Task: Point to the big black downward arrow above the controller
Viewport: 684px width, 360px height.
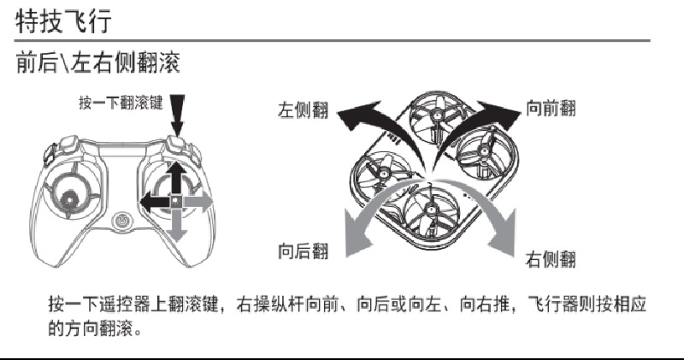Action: (x=178, y=115)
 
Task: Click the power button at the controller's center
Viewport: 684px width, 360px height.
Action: (x=123, y=221)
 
